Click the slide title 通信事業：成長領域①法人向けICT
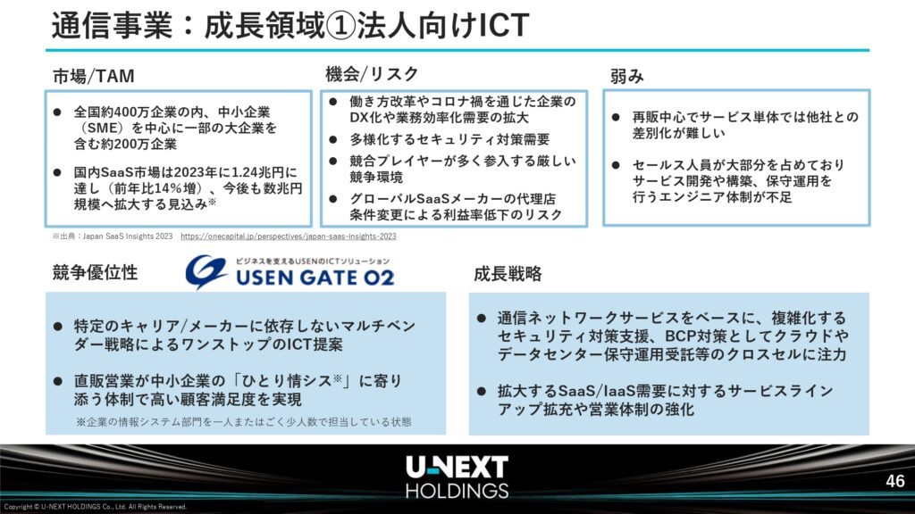coord(290,26)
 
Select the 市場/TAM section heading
coord(94,77)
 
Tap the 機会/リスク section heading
coord(372,74)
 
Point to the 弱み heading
coord(626,77)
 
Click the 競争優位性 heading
coord(95,272)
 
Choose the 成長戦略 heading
coord(508,273)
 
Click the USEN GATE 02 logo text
coord(315,278)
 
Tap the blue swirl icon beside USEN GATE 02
coord(206,271)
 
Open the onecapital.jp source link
coord(289,236)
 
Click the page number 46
coord(894,481)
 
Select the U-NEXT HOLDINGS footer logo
coord(457,477)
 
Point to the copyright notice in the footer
coord(95,507)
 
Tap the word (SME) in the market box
coord(100,128)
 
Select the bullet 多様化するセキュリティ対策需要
coord(450,139)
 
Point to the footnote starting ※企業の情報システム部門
coord(243,421)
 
